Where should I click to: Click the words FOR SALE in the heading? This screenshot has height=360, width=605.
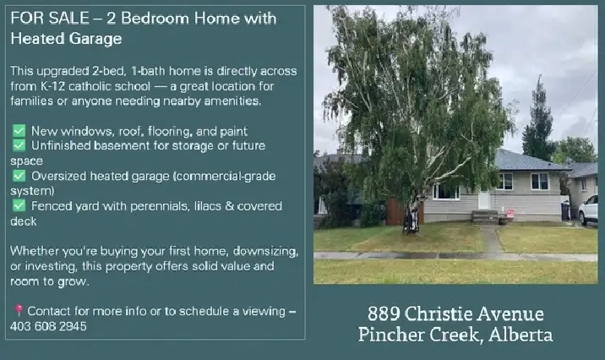[50, 18]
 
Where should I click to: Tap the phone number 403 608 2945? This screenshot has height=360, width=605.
[48, 326]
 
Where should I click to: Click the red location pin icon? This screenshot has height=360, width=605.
[18, 311]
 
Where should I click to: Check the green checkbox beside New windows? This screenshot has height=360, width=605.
[19, 131]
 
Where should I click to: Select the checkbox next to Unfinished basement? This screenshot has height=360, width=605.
[19, 145]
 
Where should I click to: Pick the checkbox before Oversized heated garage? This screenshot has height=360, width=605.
[19, 176]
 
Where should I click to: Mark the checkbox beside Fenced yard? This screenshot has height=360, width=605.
[19, 205]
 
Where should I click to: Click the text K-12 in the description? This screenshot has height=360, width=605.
[52, 86]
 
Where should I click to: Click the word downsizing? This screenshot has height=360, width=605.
[265, 252]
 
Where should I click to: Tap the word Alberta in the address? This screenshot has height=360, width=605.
[521, 334]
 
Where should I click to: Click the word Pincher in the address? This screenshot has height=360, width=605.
[391, 334]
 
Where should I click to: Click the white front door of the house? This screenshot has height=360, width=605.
[484, 199]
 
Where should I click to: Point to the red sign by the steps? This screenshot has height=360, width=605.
[510, 214]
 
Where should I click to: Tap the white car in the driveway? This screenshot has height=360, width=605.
[588, 210]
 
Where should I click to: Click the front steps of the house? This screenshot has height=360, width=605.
[485, 217]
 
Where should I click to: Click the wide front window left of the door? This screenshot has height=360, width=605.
[446, 192]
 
